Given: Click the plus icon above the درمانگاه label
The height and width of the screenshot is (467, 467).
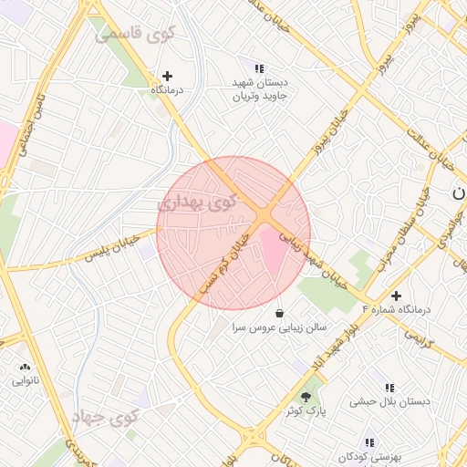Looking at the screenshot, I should coord(167,76).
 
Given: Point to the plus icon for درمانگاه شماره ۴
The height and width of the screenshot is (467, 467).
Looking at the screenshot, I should coord(396,296).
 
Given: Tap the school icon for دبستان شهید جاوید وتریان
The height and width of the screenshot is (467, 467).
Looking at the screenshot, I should coord(258,67).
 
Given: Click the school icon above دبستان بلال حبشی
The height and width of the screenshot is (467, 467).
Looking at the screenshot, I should coord(389,388).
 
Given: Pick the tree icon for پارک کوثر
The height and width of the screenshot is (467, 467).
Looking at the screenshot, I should coord(305,396).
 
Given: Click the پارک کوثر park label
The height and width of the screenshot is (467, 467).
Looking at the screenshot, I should coord(305,411).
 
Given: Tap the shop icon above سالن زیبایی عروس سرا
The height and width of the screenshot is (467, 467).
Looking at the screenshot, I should coord(278,312).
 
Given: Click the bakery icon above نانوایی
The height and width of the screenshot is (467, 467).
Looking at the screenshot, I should coord(24,367).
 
